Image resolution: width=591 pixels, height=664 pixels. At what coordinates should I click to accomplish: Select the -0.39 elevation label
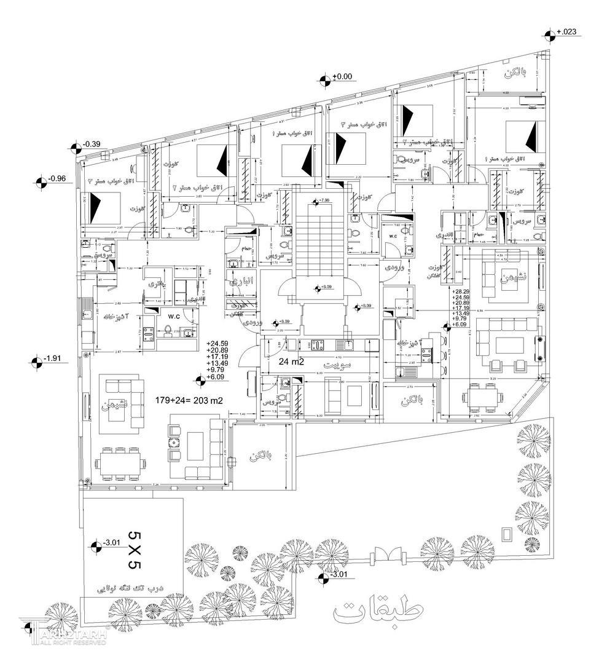[93, 144]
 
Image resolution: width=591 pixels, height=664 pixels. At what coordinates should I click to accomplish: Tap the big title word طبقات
[379, 611]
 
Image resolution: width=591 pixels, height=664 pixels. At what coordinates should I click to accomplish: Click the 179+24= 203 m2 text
[189, 400]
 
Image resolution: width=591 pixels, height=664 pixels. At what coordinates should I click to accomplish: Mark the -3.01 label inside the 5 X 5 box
[111, 543]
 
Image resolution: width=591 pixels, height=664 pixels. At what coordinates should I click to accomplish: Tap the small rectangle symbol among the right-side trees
[507, 534]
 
